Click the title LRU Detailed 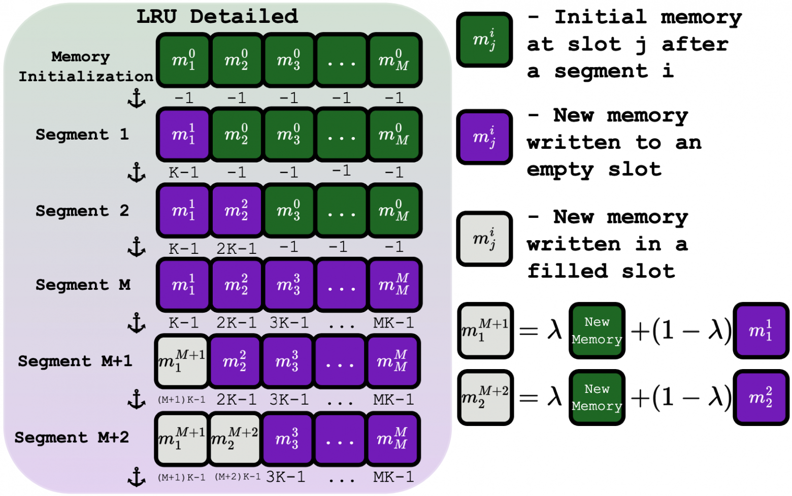[217, 17]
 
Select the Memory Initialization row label [85, 67]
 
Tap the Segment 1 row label [82, 135]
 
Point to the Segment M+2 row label [72, 438]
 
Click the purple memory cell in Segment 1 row [183, 135]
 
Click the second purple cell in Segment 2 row [236, 210]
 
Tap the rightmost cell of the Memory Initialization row [394, 60]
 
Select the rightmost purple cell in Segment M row [394, 285]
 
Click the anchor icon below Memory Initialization [137, 98]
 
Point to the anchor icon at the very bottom [137, 477]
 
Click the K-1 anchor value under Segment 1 [183, 173]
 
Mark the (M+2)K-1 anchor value [238, 477]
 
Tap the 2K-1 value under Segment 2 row [236, 249]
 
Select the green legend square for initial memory [484, 40]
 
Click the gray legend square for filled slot [484, 239]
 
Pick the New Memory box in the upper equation [597, 330]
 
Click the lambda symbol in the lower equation [554, 398]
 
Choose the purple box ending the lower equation [761, 398]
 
